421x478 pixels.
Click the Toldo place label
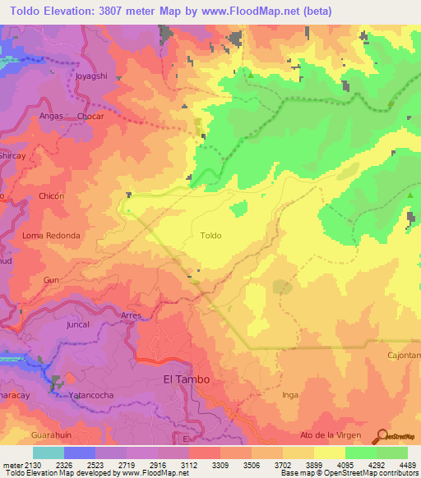tap(210, 235)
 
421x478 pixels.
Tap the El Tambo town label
tap(187, 379)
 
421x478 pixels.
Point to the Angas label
tap(52, 117)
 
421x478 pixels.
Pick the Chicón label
tap(51, 196)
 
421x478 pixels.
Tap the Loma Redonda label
tap(51, 236)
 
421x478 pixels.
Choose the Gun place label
tap(52, 280)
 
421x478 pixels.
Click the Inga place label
tap(289, 395)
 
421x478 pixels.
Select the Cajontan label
tap(404, 355)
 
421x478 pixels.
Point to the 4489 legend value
tap(396, 465)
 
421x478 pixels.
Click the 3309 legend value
tap(220, 465)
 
